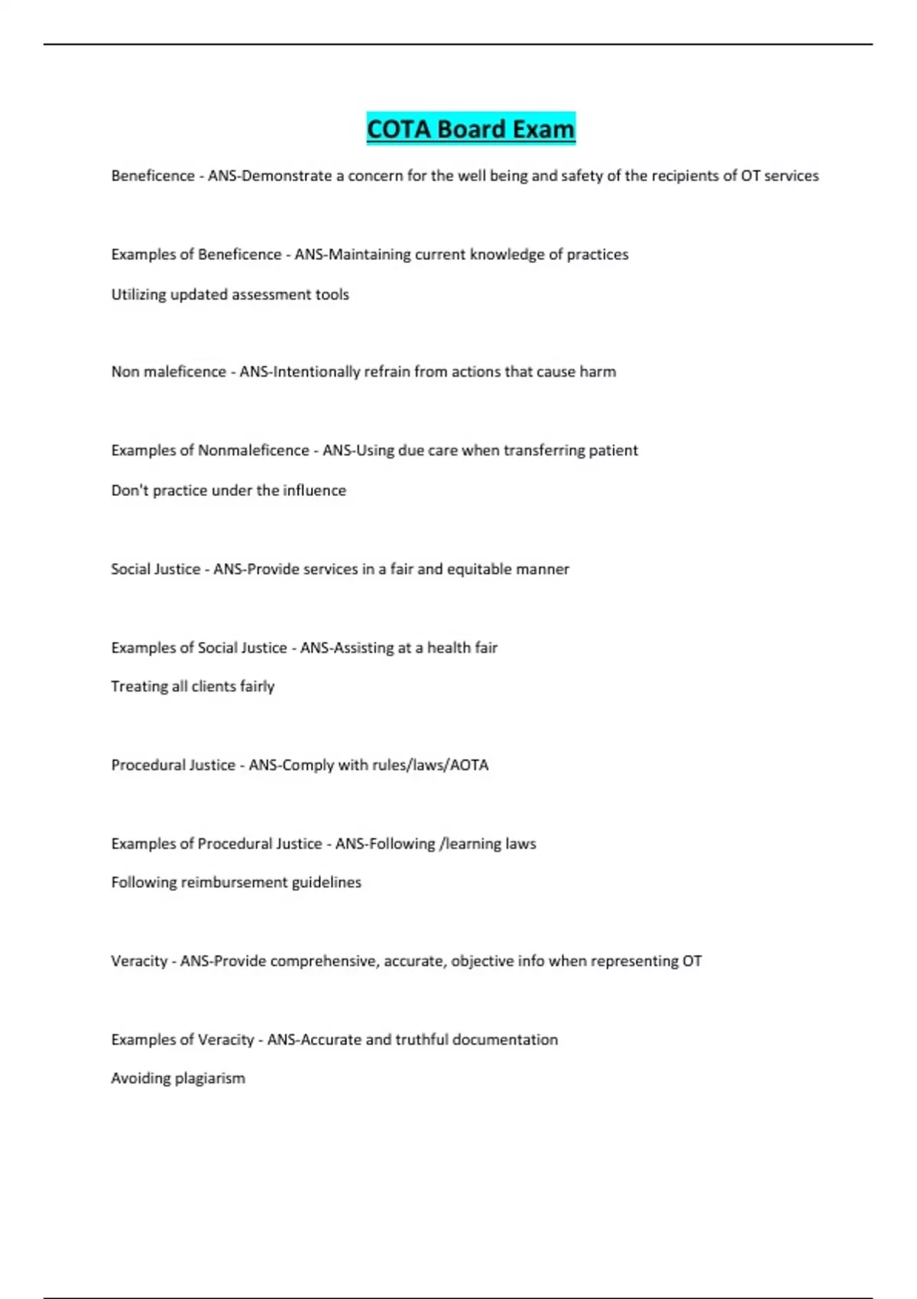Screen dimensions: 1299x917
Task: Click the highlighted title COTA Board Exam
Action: (x=471, y=129)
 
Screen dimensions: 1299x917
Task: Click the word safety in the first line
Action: (x=582, y=176)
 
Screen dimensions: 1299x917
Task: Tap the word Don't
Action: (x=130, y=491)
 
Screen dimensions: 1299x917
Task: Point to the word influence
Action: (x=315, y=491)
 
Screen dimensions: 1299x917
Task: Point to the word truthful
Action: (x=422, y=1040)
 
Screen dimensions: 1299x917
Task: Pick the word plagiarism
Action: (x=210, y=1079)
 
